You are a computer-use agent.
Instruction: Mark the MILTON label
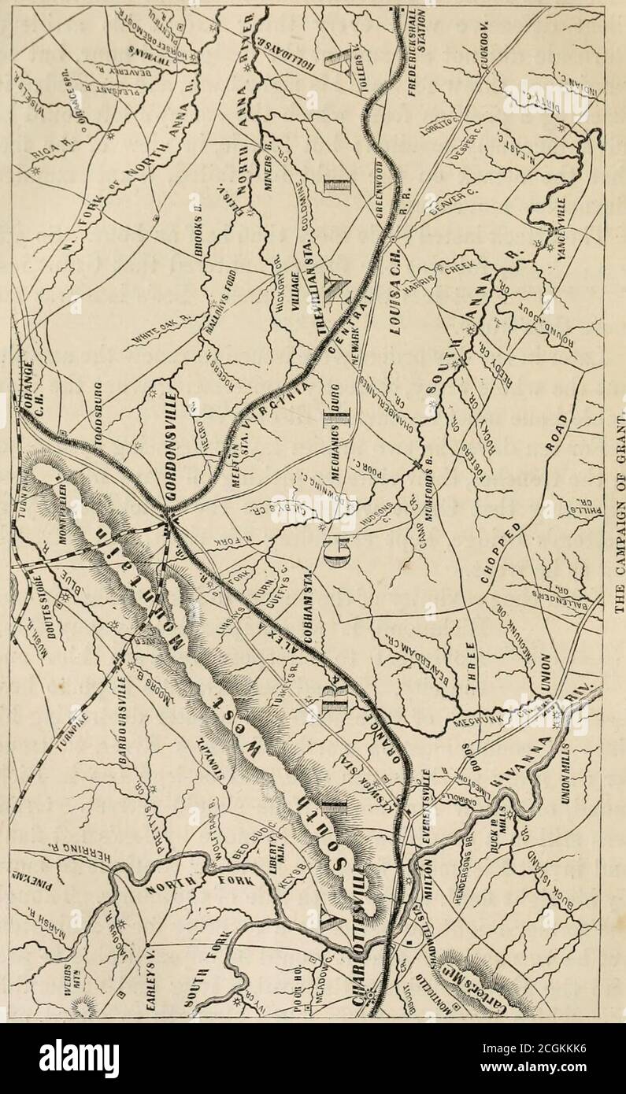[x=426, y=863]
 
